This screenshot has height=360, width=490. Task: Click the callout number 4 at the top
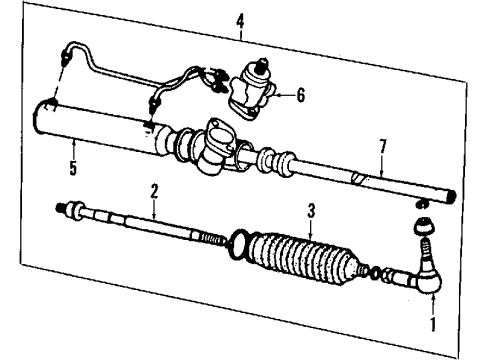tap(240, 22)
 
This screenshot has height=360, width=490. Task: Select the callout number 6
tap(301, 95)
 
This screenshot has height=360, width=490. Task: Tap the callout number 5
tap(73, 168)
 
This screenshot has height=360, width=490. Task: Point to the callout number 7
tap(383, 146)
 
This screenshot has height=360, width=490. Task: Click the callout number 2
tap(154, 191)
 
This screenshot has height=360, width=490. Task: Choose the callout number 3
tap(311, 211)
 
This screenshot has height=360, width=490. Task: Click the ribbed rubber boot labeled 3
tap(303, 258)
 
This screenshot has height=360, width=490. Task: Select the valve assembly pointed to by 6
tap(251, 90)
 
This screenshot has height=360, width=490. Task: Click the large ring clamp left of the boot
tap(238, 244)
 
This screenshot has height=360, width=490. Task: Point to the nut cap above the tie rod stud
tap(423, 227)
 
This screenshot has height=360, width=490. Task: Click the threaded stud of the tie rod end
tap(424, 249)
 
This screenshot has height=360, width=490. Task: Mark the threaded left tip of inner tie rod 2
tap(59, 207)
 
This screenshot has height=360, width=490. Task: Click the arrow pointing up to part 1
tap(433, 303)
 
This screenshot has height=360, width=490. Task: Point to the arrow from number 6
tap(285, 95)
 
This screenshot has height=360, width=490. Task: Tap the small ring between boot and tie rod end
tap(374, 274)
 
